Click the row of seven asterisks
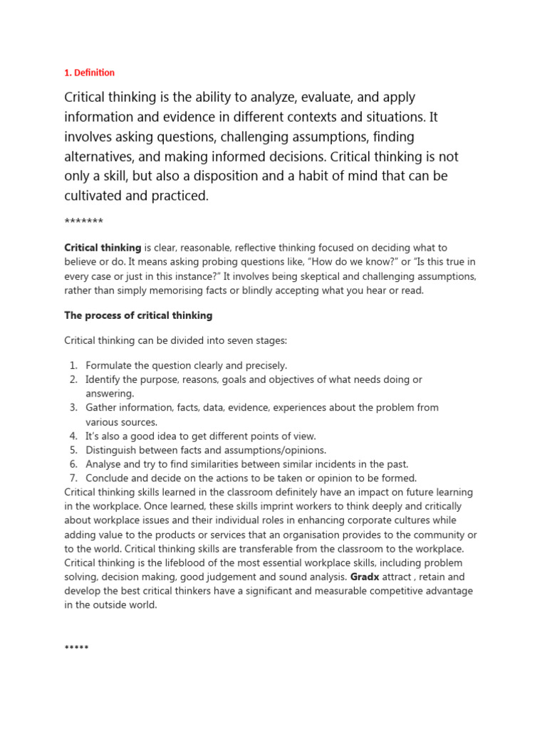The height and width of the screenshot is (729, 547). [84, 221]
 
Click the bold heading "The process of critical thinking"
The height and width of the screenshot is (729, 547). [138, 315]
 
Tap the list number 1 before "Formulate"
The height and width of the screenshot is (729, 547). [73, 366]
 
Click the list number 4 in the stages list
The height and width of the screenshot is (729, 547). [73, 436]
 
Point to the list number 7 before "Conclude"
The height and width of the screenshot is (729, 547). [73, 478]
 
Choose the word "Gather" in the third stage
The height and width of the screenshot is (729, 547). [103, 408]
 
